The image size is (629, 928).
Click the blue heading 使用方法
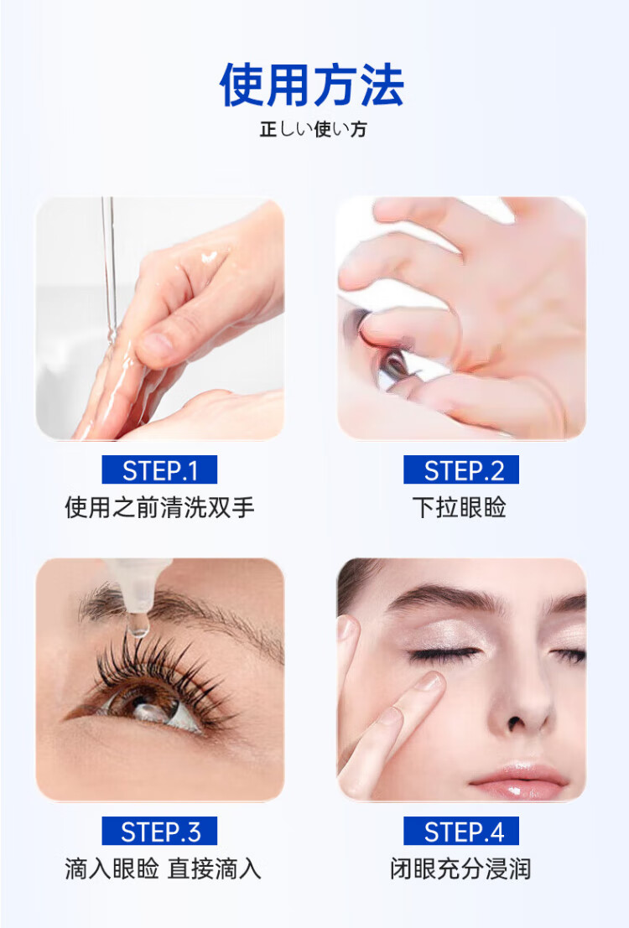pos(311,86)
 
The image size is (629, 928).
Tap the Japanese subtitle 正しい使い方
pos(314,129)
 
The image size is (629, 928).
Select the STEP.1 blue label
pos(159,470)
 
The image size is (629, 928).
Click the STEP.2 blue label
pos(461,470)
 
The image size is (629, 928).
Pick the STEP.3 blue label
pos(159,831)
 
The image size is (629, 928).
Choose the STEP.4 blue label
pos(461,831)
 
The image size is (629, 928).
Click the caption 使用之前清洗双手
pos(160,508)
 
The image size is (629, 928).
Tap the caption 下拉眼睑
pos(460,508)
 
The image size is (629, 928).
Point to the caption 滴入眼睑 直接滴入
pos(163,868)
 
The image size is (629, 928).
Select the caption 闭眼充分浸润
pos(460,868)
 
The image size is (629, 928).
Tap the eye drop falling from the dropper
pos(138,625)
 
